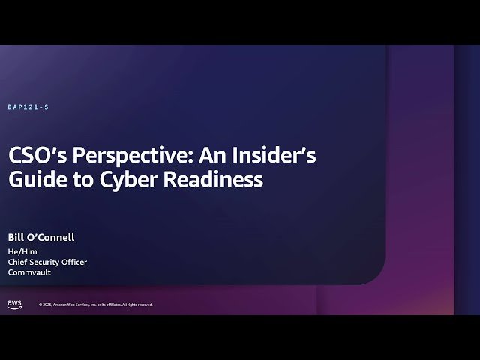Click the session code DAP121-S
28,107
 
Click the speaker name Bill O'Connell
41,238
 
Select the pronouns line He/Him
22,251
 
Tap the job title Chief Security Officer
47,262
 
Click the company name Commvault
29,272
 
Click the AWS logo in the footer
14,304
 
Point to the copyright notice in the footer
95,304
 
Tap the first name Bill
16,238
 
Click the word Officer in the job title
75,262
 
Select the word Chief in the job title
18,262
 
